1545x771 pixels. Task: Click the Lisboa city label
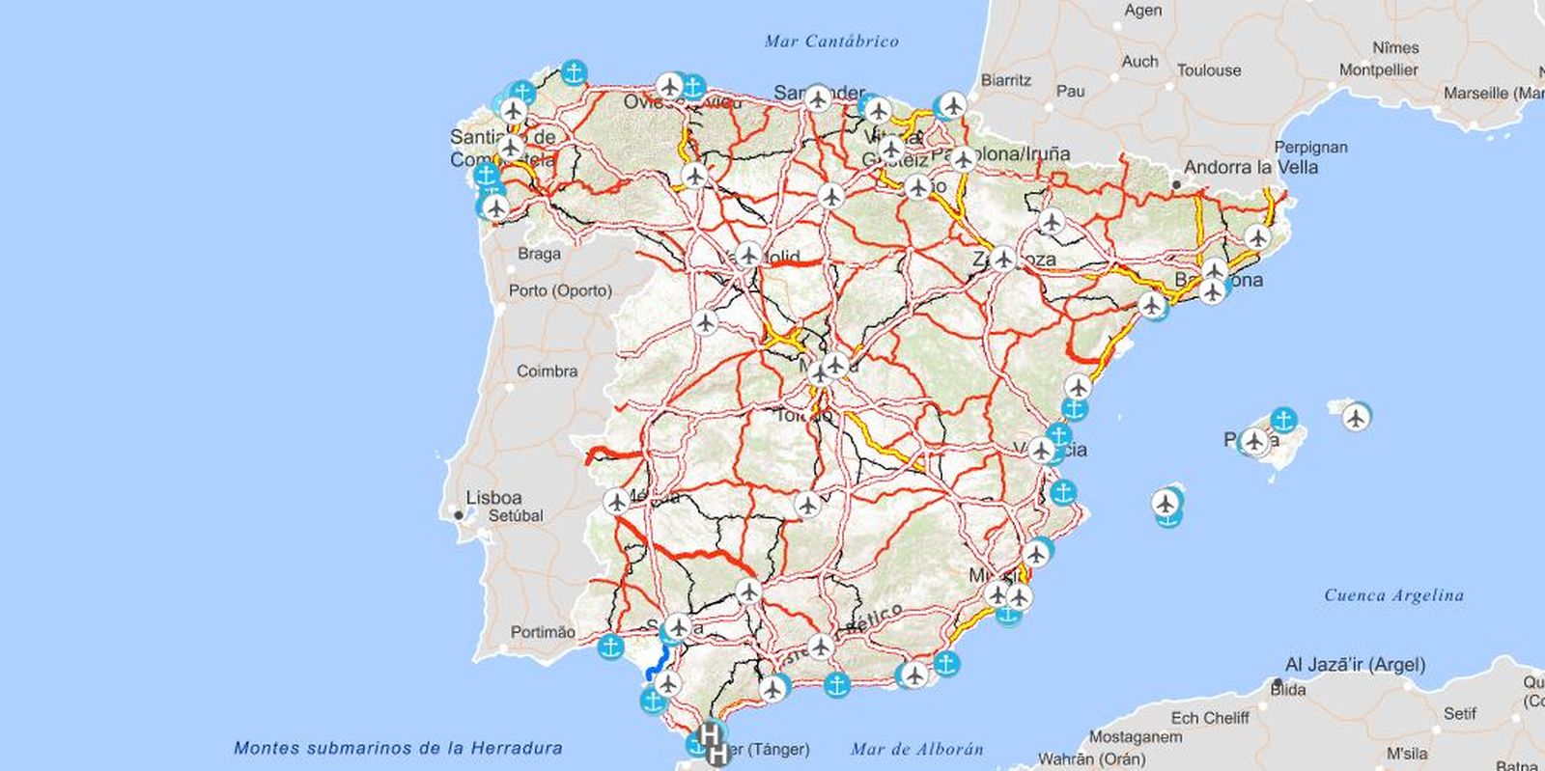pos(493,498)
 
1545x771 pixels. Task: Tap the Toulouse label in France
pos(1208,70)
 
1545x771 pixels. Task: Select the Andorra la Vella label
pos(1250,167)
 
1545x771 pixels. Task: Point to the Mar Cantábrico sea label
pos(830,41)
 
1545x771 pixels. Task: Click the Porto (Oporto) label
pos(560,290)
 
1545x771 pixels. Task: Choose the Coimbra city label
pos(547,372)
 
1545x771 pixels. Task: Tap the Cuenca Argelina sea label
pos(1393,595)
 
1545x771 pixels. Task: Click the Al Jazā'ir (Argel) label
pos(1355,665)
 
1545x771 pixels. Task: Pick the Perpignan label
pos(1310,148)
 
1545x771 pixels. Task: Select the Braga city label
pos(539,254)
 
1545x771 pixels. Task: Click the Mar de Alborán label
pos(916,749)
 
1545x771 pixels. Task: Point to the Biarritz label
pos(1006,81)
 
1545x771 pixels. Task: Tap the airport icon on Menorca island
pos(1357,418)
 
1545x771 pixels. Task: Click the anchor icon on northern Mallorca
pos(1282,420)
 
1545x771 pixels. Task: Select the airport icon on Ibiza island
pos(1167,503)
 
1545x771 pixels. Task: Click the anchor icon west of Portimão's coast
pos(610,647)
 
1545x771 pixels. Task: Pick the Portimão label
pos(542,632)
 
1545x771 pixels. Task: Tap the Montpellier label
pos(1378,70)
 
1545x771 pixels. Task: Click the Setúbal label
pos(516,516)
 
